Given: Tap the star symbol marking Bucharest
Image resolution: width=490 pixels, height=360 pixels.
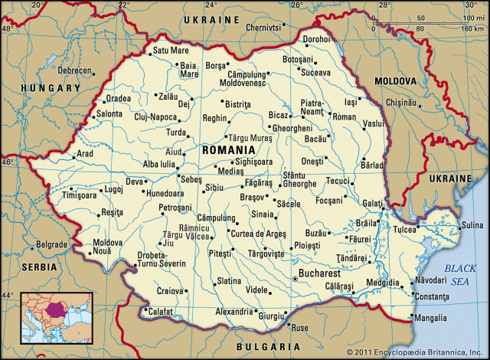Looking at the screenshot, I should [x=295, y=280].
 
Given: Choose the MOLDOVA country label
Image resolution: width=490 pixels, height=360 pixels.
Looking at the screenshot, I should [x=396, y=80].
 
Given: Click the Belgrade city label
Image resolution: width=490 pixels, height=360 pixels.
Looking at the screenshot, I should [x=53, y=245].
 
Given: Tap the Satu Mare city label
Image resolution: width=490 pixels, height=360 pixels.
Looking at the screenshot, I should [x=171, y=51].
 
